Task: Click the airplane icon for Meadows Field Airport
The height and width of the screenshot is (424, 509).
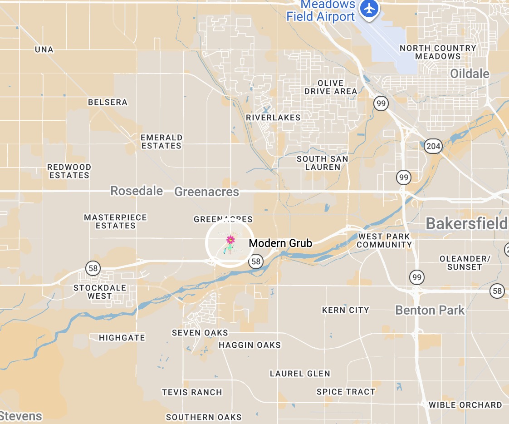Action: [370, 8]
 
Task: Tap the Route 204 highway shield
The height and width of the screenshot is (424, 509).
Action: [433, 146]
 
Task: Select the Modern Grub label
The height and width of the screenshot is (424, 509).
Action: [280, 243]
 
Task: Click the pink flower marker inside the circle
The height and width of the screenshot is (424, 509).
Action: [230, 240]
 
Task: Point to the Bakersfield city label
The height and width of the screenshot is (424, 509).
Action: [466, 223]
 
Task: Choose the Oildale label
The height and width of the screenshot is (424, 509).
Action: [470, 74]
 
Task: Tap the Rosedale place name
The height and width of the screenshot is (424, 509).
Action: [137, 191]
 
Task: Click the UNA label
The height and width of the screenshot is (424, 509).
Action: [44, 49]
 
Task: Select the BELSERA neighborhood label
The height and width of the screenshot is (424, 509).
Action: [108, 102]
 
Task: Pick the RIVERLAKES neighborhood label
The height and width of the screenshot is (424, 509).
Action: [273, 118]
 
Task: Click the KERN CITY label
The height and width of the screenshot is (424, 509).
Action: [345, 310]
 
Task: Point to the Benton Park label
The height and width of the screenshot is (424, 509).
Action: [430, 310]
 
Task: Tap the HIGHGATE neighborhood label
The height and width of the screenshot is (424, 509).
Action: [122, 338]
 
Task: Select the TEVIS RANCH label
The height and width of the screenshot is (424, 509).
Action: [192, 392]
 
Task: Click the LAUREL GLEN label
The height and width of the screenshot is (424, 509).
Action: [300, 374]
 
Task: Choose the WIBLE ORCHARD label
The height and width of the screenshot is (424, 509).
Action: [465, 405]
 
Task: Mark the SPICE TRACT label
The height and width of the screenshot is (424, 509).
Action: [346, 392]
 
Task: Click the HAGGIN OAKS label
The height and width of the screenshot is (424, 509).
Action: [250, 345]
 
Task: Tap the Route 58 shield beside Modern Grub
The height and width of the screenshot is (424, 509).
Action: [256, 261]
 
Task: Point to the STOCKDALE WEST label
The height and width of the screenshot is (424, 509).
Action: [99, 292]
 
